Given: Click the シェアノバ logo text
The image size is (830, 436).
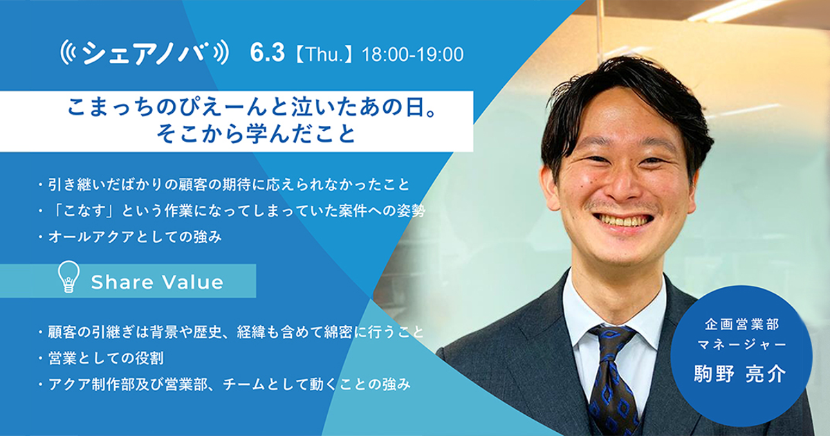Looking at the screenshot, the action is pos(143,53).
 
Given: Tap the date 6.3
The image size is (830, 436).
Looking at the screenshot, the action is pos(267,53).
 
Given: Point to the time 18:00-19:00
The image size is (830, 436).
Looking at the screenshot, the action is pos(412,55).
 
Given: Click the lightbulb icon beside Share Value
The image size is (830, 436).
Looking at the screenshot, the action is pos(68,277).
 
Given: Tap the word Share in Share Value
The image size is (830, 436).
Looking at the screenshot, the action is pos(122,282).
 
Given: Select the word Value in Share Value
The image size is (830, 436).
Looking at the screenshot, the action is pos(193,282).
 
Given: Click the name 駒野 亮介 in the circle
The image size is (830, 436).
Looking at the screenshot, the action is pos(740,373).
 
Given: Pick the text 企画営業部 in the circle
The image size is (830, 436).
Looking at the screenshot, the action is pos(741,325).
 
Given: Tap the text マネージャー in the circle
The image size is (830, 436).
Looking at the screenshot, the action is pos(741,345).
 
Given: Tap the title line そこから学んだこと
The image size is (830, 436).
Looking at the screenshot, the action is pos(256,134).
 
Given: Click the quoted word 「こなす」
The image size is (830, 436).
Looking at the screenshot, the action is pos(83,211).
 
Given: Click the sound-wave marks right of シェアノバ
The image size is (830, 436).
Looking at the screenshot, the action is pos(221,53).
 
